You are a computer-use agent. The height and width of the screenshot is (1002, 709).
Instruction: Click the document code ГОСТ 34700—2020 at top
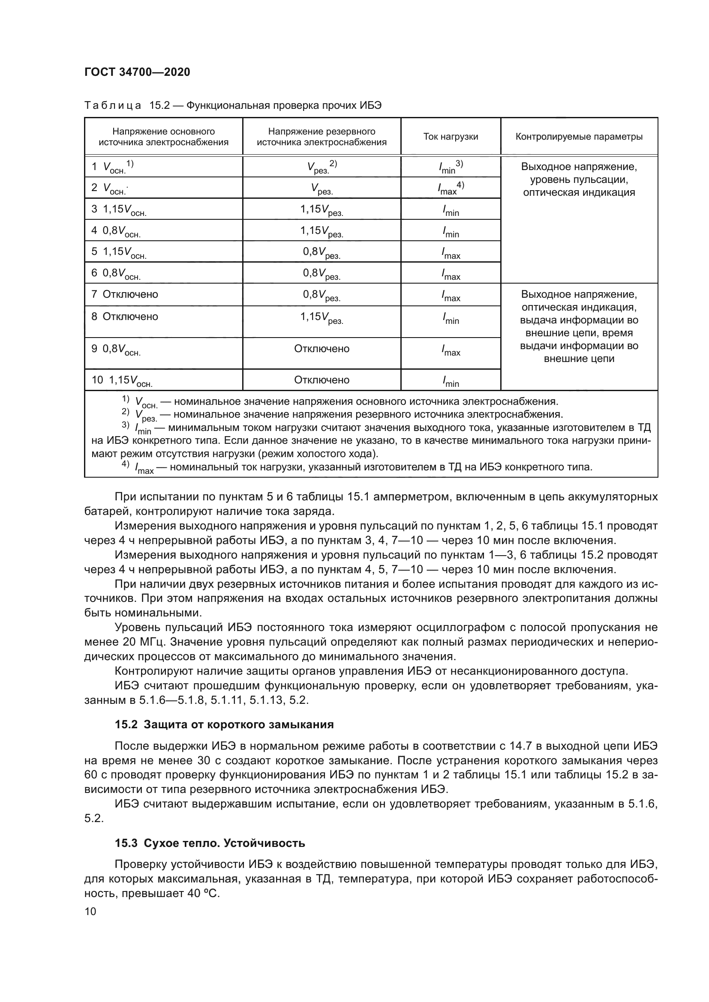(137, 72)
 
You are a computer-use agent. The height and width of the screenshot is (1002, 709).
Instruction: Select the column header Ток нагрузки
(451, 137)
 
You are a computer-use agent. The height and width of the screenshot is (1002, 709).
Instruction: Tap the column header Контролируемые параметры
(579, 137)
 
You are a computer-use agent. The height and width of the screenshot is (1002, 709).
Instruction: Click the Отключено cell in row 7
(130, 294)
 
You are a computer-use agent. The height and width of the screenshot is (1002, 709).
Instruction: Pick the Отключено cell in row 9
(322, 349)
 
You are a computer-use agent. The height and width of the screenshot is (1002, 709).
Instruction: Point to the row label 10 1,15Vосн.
(122, 380)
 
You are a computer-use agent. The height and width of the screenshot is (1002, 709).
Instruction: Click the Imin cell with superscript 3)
(451, 167)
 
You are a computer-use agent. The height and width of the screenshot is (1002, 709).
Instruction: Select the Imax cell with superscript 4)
(451, 188)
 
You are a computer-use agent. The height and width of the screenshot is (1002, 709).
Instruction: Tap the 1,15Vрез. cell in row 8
(322, 317)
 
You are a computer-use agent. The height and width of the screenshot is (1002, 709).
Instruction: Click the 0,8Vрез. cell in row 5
(322, 252)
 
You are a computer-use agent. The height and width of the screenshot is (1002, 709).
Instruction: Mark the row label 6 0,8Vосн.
(116, 273)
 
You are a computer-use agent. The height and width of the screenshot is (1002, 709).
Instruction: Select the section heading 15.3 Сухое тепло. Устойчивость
(210, 843)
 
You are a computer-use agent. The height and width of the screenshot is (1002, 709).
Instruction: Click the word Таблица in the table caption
(113, 106)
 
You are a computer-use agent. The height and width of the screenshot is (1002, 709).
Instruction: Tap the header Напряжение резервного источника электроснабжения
(322, 137)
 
